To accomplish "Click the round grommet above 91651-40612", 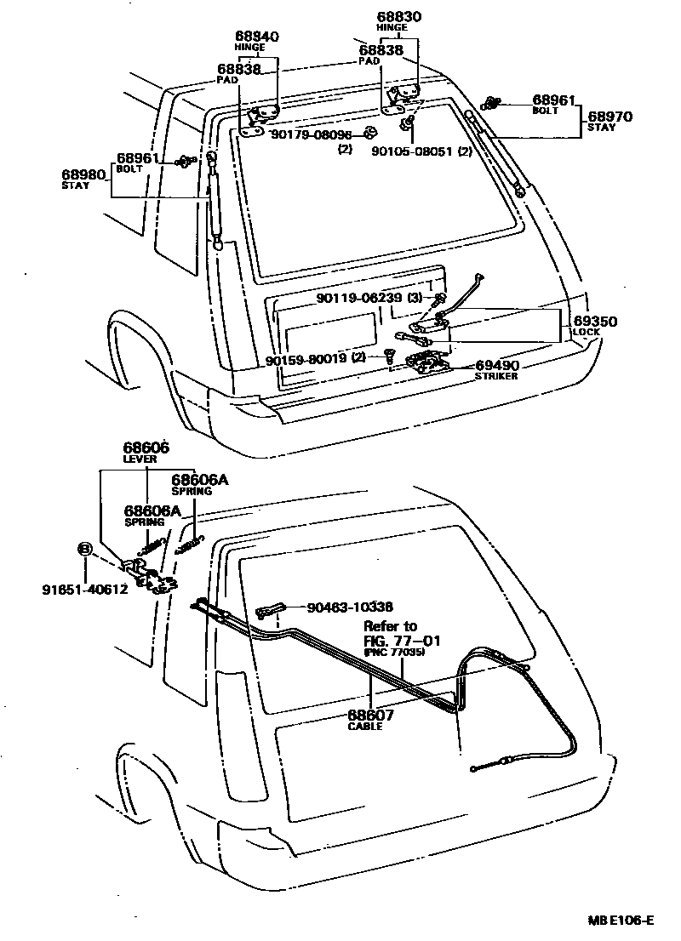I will point(84,550).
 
